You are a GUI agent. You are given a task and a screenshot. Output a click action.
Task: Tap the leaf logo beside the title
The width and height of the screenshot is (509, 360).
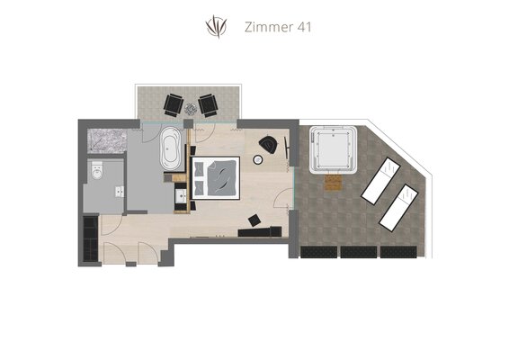216,26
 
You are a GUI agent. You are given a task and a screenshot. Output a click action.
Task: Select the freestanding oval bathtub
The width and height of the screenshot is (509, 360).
171,148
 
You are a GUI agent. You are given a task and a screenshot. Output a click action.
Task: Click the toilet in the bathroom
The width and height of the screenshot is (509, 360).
97,170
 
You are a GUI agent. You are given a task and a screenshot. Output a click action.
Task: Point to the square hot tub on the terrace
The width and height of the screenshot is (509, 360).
334,149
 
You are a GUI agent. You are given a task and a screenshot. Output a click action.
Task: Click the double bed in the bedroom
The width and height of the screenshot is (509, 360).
216,177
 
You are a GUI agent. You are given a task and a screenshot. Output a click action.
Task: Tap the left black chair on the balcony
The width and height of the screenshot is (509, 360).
173,105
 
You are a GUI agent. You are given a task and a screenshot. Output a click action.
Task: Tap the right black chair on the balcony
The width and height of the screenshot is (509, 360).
209,105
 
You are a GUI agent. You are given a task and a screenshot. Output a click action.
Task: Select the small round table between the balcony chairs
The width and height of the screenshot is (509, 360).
191,109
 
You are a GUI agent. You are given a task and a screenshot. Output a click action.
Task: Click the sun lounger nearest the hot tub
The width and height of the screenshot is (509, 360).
380,181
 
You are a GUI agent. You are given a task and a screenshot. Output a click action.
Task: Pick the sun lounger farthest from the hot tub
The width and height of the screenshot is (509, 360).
398,208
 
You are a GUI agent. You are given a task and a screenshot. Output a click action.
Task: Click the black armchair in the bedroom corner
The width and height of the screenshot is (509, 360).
269,144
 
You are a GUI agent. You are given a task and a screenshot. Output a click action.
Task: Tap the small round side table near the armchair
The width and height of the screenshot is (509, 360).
258,159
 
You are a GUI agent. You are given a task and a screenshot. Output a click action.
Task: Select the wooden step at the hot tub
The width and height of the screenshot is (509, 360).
334,183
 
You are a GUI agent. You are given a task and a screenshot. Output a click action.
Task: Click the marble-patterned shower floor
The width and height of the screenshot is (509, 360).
107,141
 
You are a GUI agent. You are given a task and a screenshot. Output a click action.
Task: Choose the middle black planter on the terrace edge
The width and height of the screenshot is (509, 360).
359,252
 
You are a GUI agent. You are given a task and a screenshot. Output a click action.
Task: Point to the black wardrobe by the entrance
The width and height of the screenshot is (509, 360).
91,238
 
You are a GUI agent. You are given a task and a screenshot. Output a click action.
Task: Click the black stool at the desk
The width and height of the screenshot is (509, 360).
254,220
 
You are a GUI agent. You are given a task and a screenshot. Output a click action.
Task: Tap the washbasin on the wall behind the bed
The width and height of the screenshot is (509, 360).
181,195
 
